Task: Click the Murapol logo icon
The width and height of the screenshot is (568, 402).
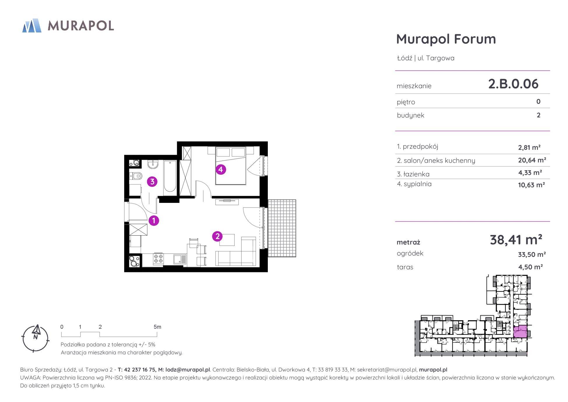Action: coord(32,25)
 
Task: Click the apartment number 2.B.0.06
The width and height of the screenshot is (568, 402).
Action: coord(513,84)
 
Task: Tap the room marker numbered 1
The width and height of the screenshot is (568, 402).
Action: coord(154,220)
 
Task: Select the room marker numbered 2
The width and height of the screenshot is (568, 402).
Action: coord(217,236)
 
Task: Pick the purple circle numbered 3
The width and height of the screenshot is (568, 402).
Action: coord(152,182)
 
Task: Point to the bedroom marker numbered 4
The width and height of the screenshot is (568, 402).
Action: coord(221,169)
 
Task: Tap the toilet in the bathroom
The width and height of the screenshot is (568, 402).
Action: coord(136,176)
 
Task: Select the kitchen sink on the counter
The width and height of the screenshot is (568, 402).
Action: coord(180,259)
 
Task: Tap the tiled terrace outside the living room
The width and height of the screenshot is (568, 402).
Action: coord(282,228)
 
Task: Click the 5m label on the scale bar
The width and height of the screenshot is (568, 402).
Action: coord(157,327)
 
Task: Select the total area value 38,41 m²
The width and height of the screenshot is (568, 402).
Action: coord(516,240)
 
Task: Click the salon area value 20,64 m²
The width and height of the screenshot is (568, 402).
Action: coord(532,160)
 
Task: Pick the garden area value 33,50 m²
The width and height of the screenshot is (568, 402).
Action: coord(532,254)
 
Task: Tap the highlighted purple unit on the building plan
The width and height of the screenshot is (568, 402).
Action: coord(520,331)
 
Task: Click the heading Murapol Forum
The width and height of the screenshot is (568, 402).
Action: coord(446,39)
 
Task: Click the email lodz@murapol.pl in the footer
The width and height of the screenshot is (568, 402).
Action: coord(187,370)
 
